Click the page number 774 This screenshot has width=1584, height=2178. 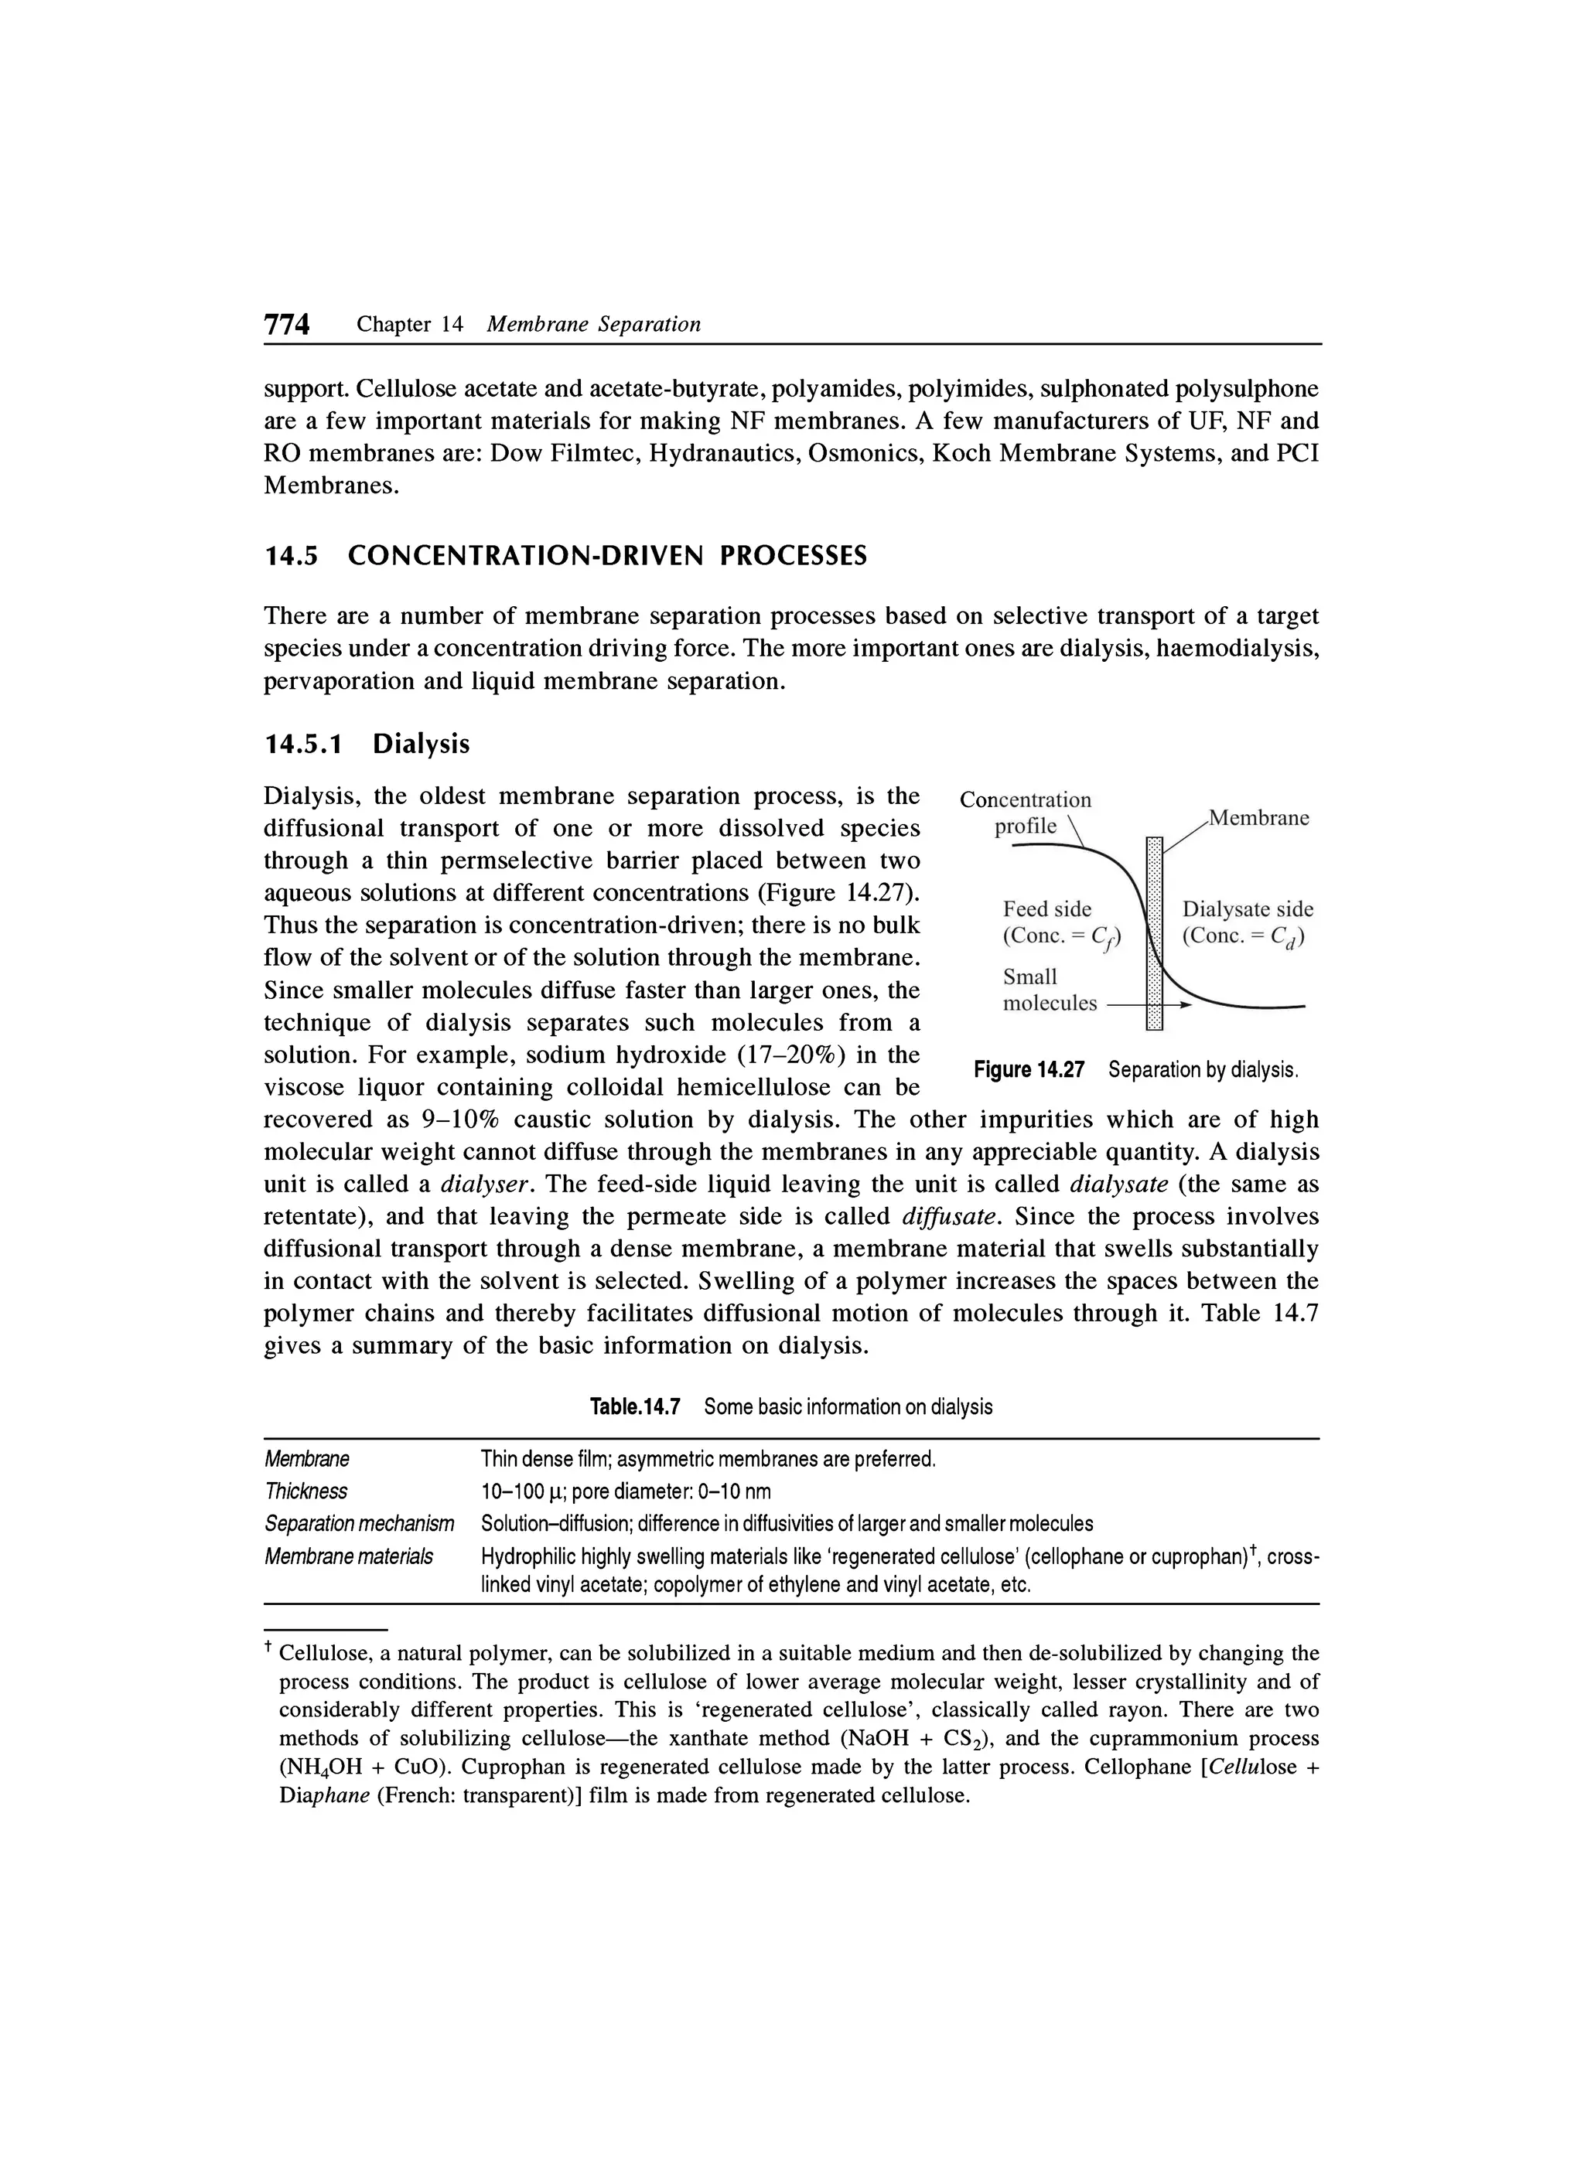click(x=286, y=326)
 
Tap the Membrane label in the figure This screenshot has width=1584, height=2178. click(x=1258, y=818)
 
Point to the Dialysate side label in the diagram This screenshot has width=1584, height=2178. click(x=1247, y=909)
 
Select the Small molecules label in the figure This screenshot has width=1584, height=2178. click(x=1048, y=990)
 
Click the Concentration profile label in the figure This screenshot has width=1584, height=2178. click(x=1025, y=813)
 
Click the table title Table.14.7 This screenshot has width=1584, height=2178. click(x=634, y=1407)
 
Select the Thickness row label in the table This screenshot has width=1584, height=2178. click(x=306, y=1491)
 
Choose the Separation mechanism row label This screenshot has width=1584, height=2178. click(x=358, y=1523)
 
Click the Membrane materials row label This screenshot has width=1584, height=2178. click(x=348, y=1556)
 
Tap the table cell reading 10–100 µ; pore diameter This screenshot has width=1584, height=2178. click(x=624, y=1491)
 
